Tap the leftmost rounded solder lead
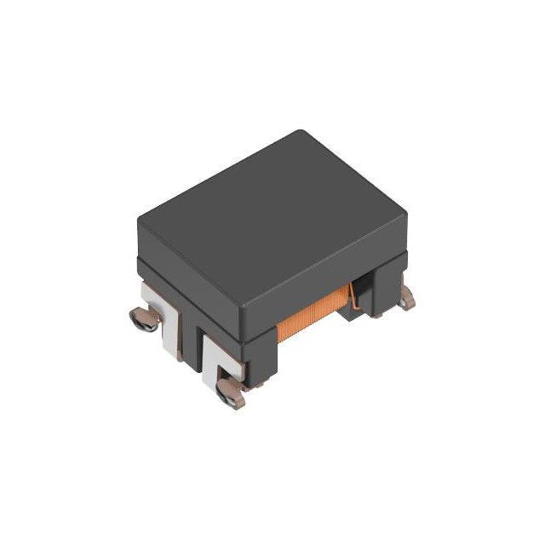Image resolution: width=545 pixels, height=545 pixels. (143, 319)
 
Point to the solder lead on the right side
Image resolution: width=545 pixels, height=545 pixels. (408, 297)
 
